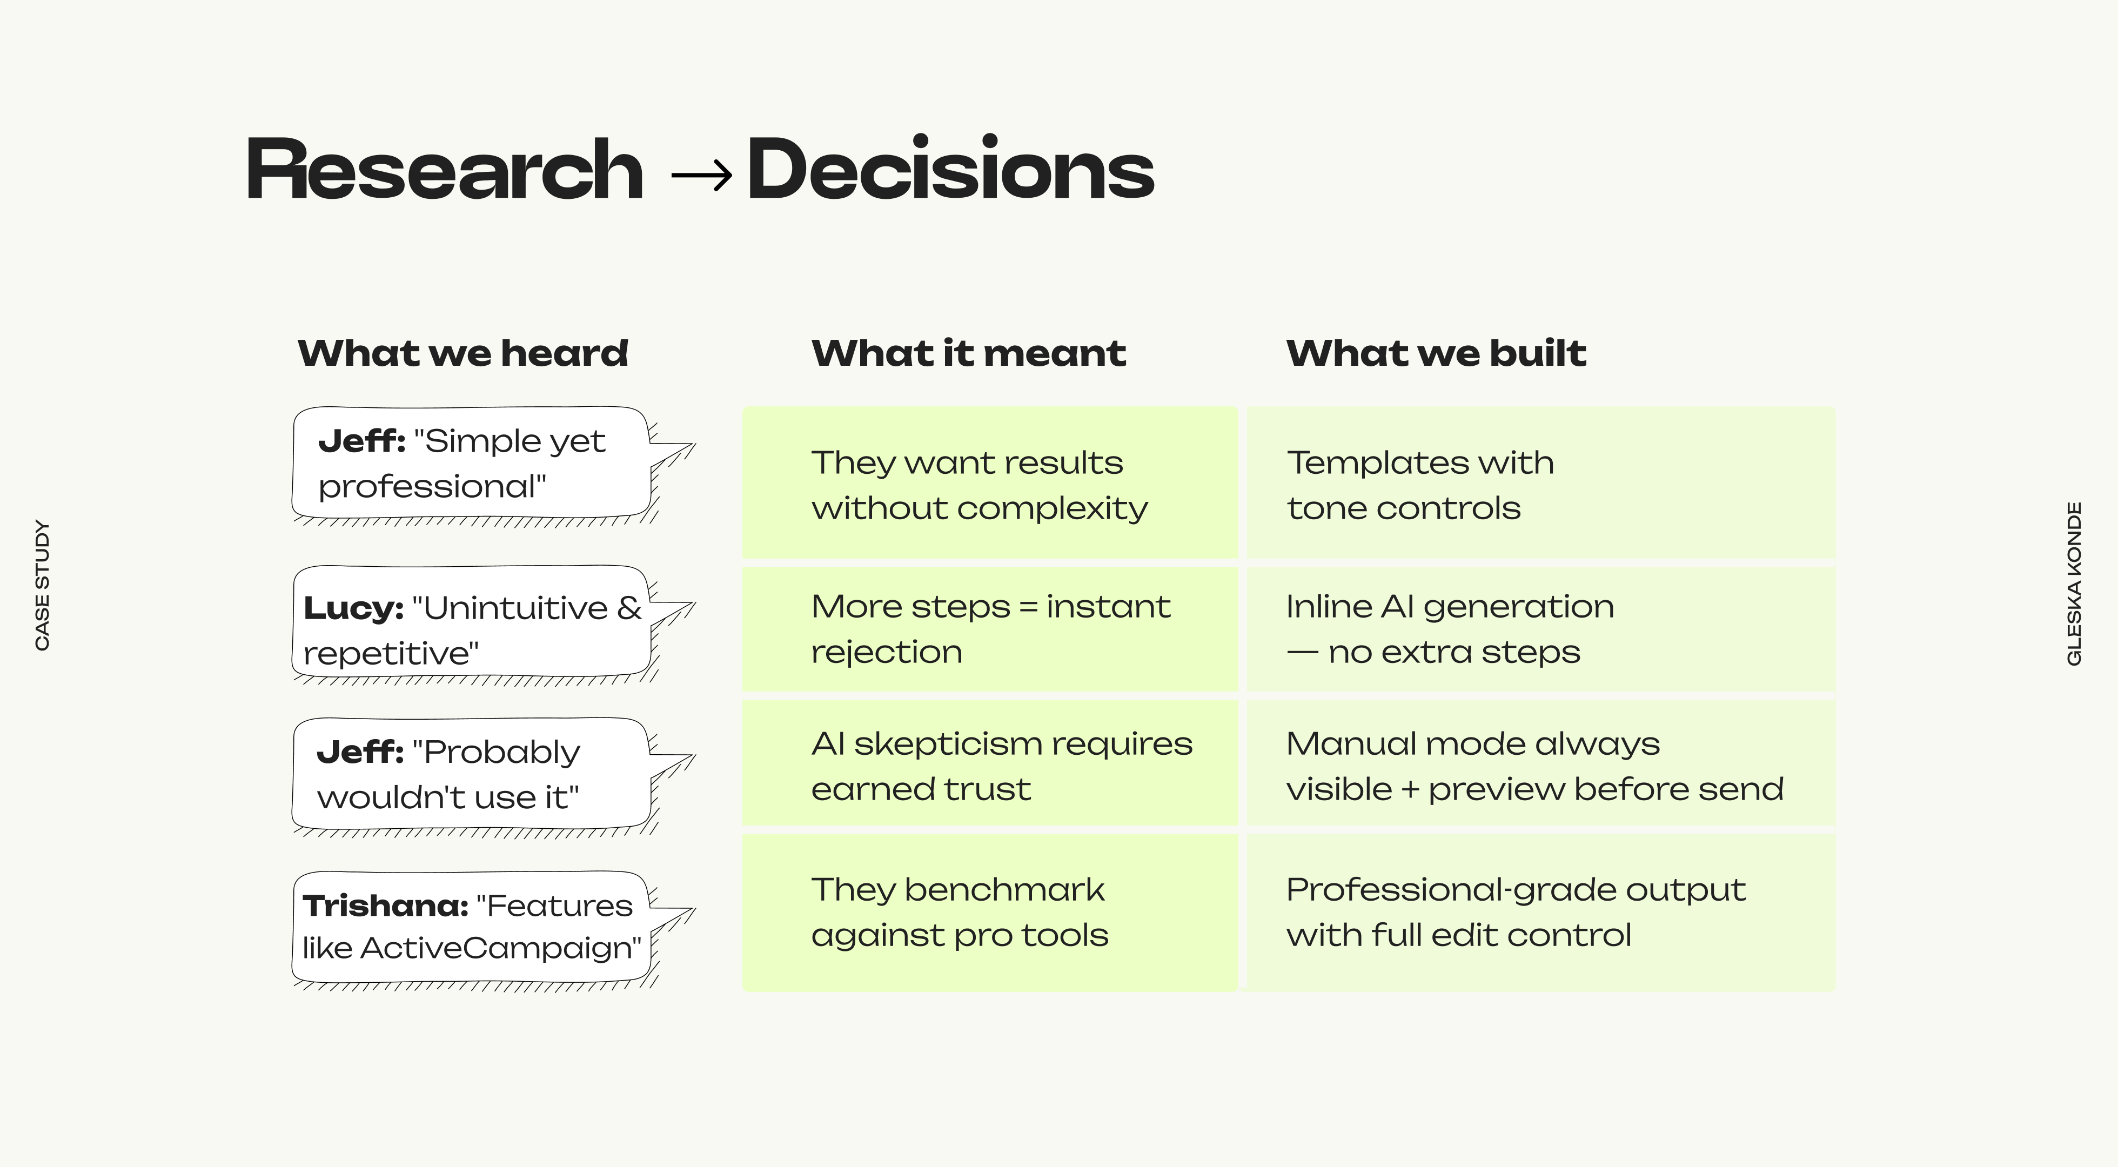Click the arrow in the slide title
701,175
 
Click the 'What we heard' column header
463,354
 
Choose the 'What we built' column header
1436,354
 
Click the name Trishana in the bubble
385,906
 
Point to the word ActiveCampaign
500,948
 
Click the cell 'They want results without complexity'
990,484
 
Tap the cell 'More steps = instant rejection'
990,629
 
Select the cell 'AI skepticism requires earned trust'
990,765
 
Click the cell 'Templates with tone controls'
1541,484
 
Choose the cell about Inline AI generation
1541,629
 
